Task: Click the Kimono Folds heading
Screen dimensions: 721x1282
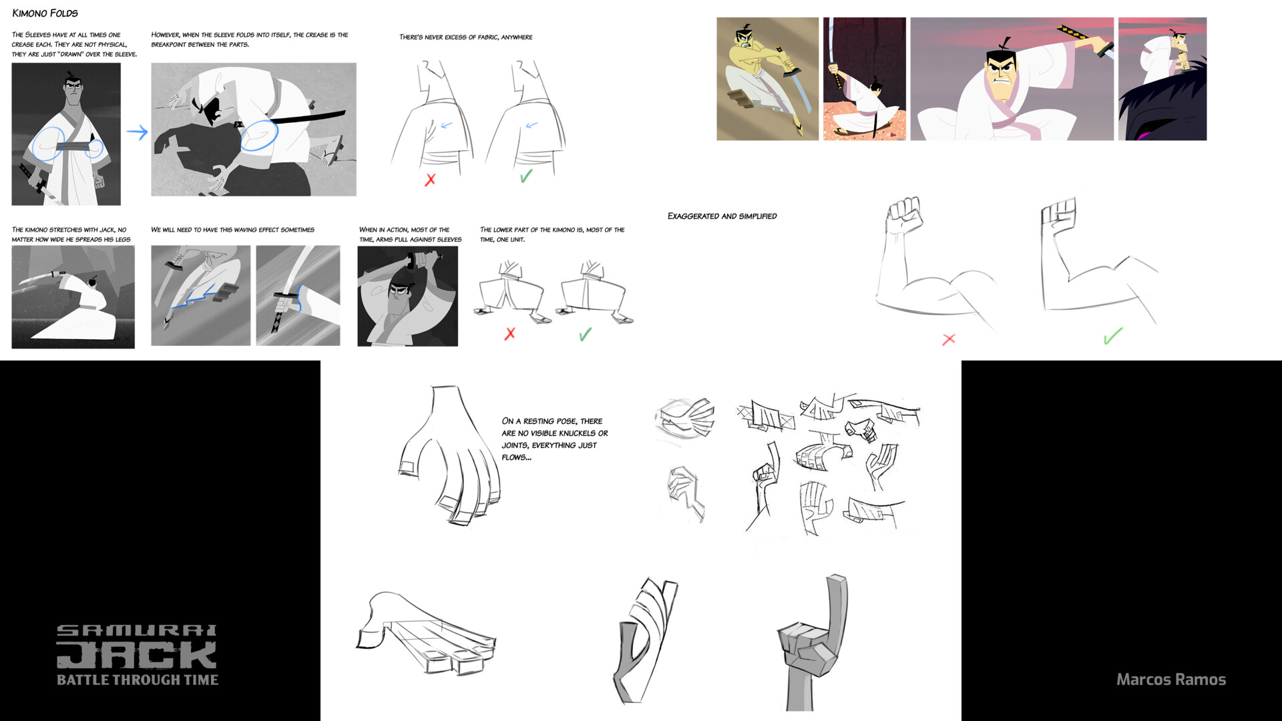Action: (x=45, y=13)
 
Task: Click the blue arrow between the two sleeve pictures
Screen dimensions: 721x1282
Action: (x=137, y=132)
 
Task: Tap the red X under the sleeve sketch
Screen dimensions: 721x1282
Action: (x=430, y=180)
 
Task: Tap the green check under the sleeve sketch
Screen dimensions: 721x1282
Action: (x=526, y=176)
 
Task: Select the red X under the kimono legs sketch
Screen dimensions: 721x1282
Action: (x=510, y=334)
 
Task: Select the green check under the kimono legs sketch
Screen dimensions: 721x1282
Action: (x=586, y=334)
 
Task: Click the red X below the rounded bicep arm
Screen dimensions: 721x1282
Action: (x=948, y=340)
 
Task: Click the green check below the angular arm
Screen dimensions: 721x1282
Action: (x=1112, y=336)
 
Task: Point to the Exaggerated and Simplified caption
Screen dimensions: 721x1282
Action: (x=722, y=216)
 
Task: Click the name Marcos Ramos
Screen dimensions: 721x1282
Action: (x=1170, y=680)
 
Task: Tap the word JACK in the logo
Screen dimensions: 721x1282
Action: (x=137, y=656)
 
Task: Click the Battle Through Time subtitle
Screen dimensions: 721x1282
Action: (x=137, y=680)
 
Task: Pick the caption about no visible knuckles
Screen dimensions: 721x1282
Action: (x=554, y=439)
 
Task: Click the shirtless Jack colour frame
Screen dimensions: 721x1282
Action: (x=767, y=79)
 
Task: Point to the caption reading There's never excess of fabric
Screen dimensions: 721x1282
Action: (x=465, y=37)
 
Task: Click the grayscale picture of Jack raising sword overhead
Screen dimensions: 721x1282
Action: (x=407, y=296)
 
